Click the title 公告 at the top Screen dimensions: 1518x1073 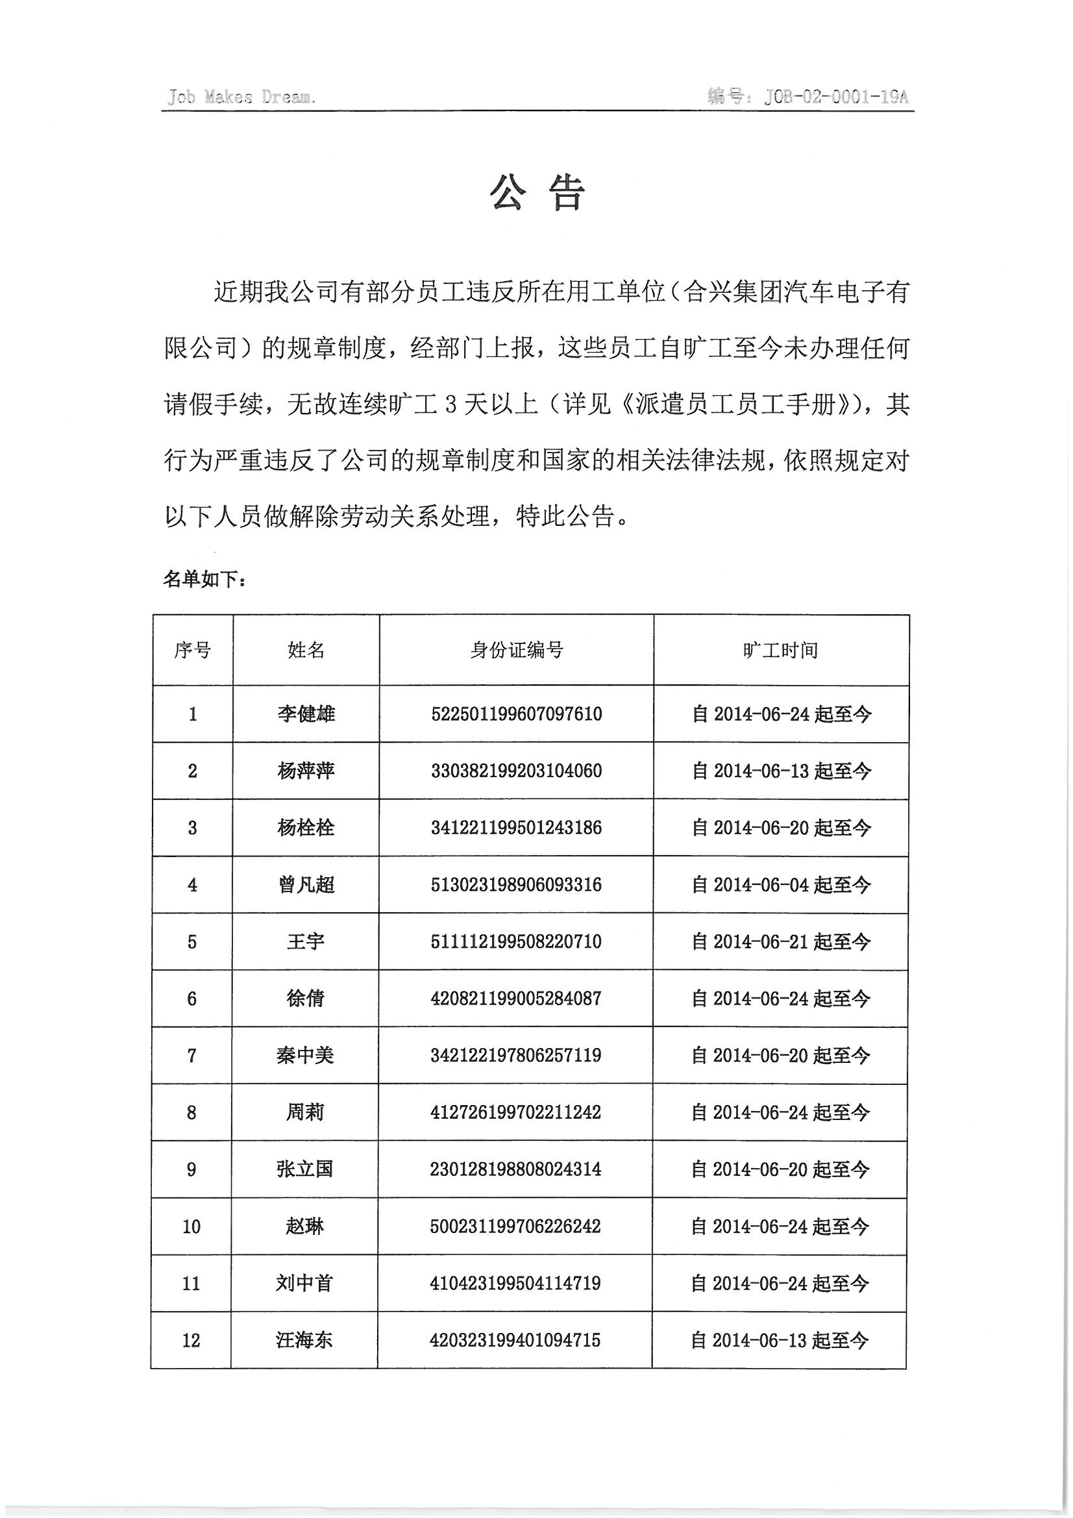(537, 193)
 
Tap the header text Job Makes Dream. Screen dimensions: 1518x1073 (241, 97)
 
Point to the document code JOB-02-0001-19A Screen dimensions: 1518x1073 (835, 97)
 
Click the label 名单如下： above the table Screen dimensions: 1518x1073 (205, 580)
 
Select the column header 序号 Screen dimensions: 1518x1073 (192, 651)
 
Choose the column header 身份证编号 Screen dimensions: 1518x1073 (516, 651)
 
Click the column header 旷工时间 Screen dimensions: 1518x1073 (780, 651)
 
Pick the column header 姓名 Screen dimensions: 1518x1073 (306, 651)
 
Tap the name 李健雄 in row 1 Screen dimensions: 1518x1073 (306, 714)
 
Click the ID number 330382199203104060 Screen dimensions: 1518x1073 (516, 771)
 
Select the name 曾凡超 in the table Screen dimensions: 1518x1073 (306, 884)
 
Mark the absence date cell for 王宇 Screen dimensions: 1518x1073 (781, 941)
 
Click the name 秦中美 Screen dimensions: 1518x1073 (305, 1055)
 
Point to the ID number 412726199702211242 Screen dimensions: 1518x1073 (515, 1112)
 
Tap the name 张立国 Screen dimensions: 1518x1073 (304, 1169)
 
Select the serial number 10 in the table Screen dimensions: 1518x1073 (191, 1226)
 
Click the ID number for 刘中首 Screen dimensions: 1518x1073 (515, 1284)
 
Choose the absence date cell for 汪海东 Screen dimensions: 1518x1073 (779, 1340)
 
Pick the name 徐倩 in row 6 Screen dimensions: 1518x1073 (305, 999)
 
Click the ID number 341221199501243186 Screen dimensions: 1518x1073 (516, 828)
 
